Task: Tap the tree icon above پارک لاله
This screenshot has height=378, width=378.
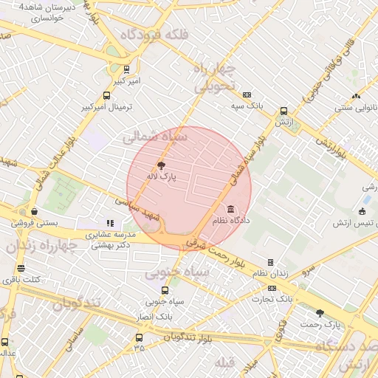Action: [162, 165]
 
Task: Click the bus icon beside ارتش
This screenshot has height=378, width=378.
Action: [283, 111]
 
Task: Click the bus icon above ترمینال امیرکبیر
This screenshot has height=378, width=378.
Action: [107, 95]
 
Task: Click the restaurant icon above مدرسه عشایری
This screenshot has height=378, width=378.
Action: [110, 222]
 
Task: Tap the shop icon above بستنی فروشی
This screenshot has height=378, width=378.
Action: [35, 210]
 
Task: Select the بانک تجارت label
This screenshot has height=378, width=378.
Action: [270, 298]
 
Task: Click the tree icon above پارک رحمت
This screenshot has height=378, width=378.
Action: [320, 313]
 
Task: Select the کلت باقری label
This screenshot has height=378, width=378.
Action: [21, 280]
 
